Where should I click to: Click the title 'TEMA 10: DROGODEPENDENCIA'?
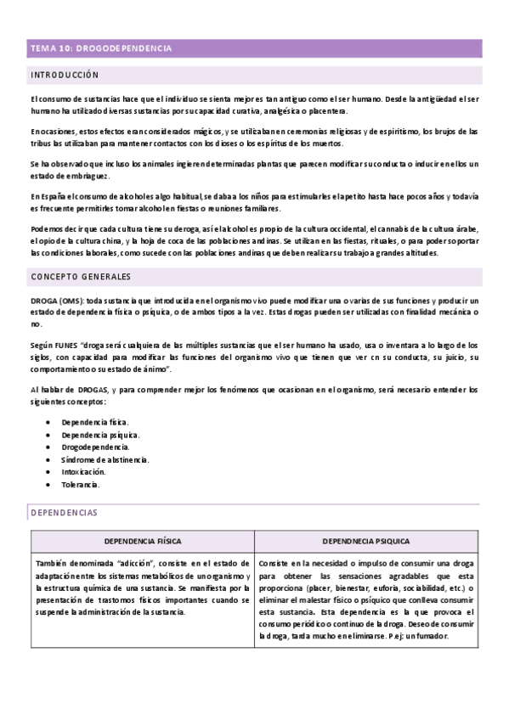pyautogui.click(x=101, y=49)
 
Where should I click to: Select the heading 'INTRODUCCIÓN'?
pyautogui.click(x=65, y=75)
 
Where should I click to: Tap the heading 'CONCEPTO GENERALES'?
pyautogui.click(x=82, y=278)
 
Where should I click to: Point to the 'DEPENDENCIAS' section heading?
pyautogui.click(x=64, y=513)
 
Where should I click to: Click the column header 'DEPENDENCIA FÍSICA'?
pyautogui.click(x=142, y=541)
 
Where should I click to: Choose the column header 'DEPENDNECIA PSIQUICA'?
pyautogui.click(x=367, y=541)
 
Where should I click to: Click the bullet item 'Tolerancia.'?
pyautogui.click(x=81, y=485)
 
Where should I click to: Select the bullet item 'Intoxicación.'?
pyautogui.click(x=84, y=472)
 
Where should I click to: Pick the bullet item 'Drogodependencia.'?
pyautogui.click(x=95, y=447)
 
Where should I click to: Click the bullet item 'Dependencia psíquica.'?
pyautogui.click(x=100, y=434)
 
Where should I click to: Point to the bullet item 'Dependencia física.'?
pyautogui.click(x=95, y=421)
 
